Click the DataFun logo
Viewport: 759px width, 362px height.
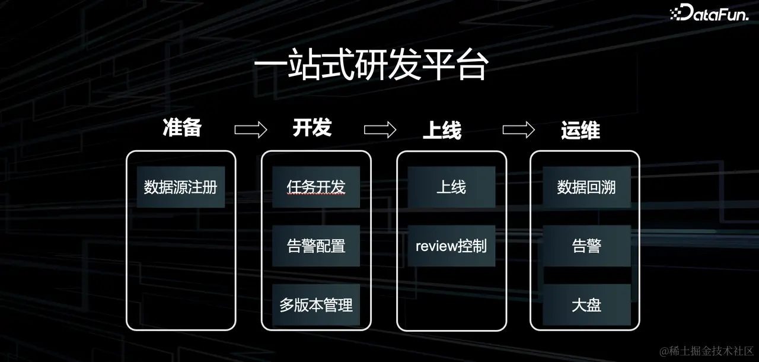point(709,14)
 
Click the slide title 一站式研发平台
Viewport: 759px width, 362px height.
point(370,67)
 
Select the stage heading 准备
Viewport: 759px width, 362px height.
point(182,128)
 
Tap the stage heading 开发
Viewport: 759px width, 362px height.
point(312,128)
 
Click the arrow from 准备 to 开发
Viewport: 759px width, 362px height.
point(250,130)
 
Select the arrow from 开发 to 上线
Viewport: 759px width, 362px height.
point(380,129)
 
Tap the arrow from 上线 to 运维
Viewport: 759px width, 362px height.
point(518,129)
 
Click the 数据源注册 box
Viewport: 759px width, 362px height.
point(181,188)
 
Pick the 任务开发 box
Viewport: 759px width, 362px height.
point(316,188)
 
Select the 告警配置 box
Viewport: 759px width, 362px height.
point(316,246)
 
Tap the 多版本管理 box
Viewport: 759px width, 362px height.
point(316,305)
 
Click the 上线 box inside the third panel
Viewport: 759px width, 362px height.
point(451,188)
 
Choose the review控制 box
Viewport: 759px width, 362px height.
point(451,246)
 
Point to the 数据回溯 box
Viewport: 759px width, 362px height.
point(586,188)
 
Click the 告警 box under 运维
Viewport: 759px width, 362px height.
point(586,246)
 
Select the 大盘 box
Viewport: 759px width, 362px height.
point(586,305)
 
